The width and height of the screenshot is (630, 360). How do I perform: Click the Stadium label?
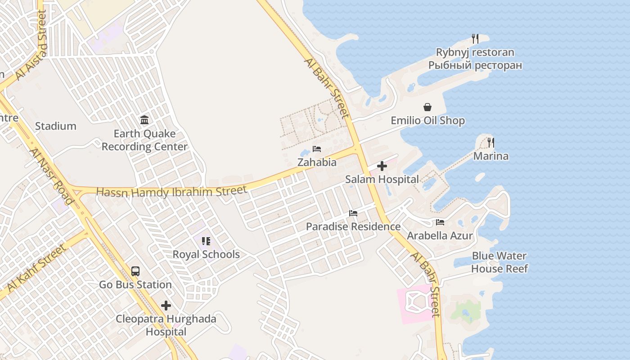coord(56,126)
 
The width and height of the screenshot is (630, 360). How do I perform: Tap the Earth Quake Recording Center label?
coord(144,140)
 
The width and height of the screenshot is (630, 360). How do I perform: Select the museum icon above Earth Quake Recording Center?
coord(144,120)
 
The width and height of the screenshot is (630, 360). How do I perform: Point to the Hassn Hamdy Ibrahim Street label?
coord(172,192)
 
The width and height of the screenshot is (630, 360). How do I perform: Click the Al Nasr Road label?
coord(52,176)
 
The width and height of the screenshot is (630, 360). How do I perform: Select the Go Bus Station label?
coord(135,284)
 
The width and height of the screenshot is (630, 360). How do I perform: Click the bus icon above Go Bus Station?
coord(135,271)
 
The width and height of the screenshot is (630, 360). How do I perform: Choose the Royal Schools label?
coord(206,254)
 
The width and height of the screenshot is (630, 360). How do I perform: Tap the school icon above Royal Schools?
coord(206,241)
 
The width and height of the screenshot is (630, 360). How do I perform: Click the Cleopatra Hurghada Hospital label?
coord(166,325)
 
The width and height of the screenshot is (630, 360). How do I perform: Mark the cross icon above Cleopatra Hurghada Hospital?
coord(166,306)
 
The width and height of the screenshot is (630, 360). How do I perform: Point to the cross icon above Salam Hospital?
coord(382,166)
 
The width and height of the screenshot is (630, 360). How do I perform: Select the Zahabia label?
coord(317,162)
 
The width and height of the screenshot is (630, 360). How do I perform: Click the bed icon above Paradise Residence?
coord(353,213)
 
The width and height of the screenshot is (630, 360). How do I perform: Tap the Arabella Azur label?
coord(440,235)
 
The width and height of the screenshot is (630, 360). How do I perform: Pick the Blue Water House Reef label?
coord(499,262)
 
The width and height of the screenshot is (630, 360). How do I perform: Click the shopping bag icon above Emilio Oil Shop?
coord(427,107)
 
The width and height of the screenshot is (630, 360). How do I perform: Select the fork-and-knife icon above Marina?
coord(491,143)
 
